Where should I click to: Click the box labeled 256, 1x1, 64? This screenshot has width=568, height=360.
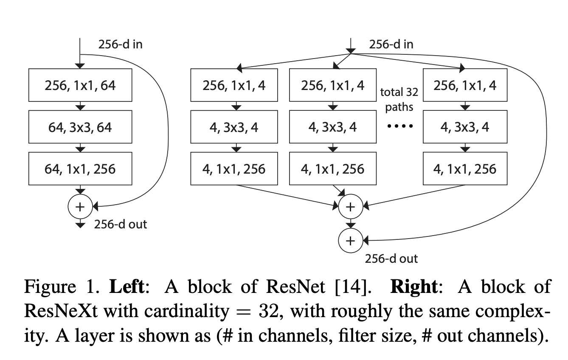click(80, 86)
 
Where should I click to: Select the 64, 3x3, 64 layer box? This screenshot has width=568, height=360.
click(80, 127)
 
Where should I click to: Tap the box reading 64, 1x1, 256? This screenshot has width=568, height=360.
click(80, 169)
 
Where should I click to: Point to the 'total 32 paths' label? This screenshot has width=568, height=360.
click(399, 99)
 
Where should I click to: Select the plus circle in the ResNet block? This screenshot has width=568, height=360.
click(80, 207)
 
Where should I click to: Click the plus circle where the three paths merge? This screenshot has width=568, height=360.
click(350, 207)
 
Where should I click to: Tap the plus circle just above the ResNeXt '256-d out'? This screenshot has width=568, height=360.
click(350, 241)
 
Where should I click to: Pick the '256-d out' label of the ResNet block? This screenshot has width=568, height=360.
click(120, 224)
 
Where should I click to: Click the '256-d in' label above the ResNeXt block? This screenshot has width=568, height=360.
click(391, 44)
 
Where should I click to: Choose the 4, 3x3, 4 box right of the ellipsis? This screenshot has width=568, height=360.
click(465, 127)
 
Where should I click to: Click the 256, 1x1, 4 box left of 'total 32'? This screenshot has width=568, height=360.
click(333, 86)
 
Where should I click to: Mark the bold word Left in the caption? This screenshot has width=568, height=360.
click(127, 287)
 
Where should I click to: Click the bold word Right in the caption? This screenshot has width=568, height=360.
click(413, 287)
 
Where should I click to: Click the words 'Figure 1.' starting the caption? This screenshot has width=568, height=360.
click(62, 287)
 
